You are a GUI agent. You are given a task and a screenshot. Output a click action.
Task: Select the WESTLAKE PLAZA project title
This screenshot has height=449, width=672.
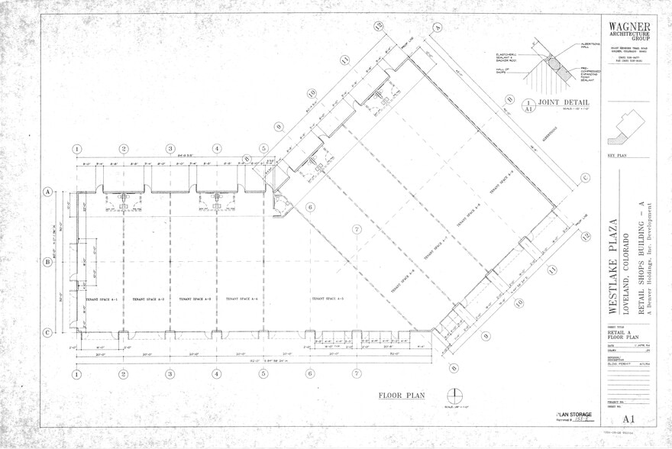point(613,266)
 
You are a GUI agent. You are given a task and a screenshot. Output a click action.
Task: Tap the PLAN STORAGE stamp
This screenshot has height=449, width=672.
point(574,414)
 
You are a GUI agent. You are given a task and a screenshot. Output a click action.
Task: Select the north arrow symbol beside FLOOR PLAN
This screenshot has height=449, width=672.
point(457,396)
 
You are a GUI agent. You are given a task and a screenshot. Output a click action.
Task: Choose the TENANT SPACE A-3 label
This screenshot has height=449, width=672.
point(195,299)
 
